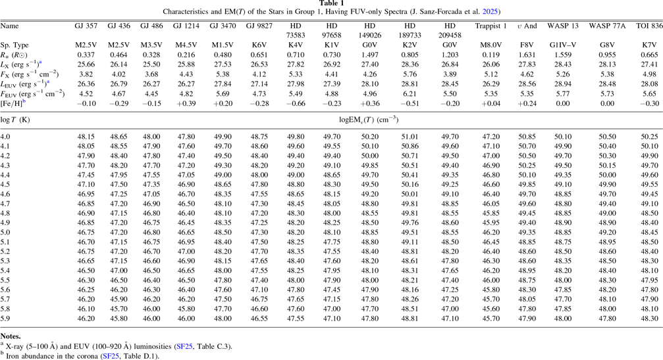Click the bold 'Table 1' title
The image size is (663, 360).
pos(331,4)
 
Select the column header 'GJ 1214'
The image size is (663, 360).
pos(186,26)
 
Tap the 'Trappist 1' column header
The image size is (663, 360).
pos(491,26)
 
